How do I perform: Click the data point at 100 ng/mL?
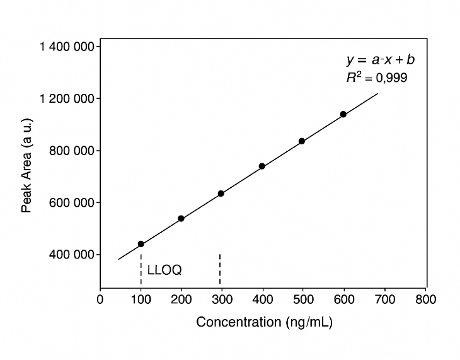(141, 244)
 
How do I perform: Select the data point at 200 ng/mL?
(181, 218)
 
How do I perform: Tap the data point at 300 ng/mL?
(221, 194)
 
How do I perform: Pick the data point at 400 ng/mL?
(262, 166)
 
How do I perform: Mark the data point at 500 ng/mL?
(302, 141)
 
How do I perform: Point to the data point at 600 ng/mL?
(343, 114)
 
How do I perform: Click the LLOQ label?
(164, 270)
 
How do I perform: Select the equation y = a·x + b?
(381, 61)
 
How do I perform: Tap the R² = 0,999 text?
(377, 78)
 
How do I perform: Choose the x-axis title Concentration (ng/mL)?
(264, 322)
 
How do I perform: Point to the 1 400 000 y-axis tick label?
(67, 47)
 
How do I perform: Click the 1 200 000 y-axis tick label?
(67, 99)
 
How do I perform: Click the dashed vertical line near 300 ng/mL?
(220, 270)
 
